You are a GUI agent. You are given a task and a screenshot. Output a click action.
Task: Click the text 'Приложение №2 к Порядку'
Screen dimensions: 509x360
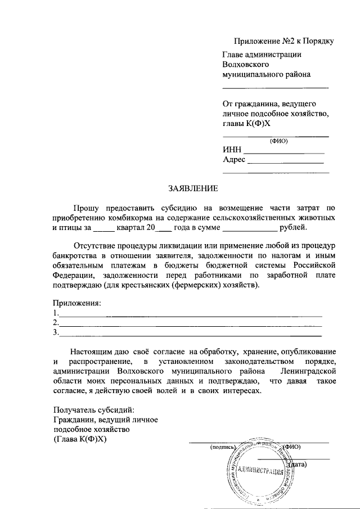284,41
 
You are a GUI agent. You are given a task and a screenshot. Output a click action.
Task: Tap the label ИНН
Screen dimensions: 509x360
232,150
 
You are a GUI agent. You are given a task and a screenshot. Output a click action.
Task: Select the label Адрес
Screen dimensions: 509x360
235,160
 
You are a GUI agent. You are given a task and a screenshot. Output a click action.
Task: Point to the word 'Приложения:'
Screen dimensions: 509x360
77,303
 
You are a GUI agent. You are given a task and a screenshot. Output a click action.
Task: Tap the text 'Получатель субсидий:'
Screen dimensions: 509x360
94,409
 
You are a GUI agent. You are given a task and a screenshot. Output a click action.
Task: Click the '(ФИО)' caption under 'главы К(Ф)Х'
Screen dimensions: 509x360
278,141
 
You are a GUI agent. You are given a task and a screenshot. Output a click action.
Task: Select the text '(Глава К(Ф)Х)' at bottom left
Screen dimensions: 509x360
79,439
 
